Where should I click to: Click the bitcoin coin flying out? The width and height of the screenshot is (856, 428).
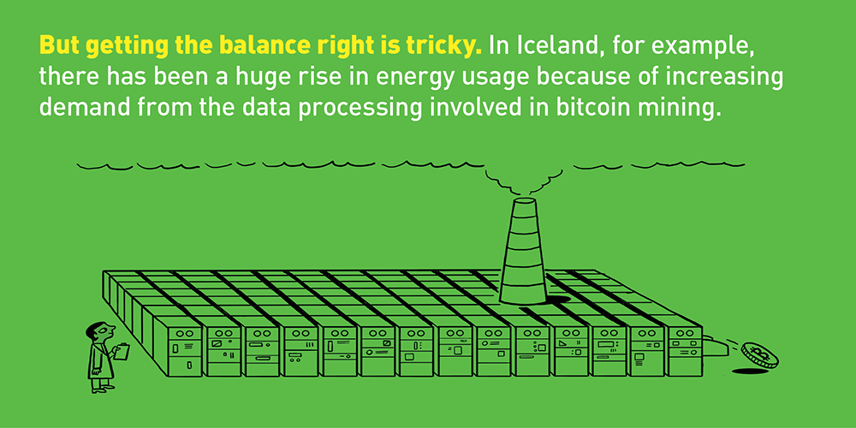(x=759, y=355)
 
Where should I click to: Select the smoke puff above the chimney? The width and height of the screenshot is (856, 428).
(x=523, y=181)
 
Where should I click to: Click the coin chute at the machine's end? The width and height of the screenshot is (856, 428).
(x=714, y=348)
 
